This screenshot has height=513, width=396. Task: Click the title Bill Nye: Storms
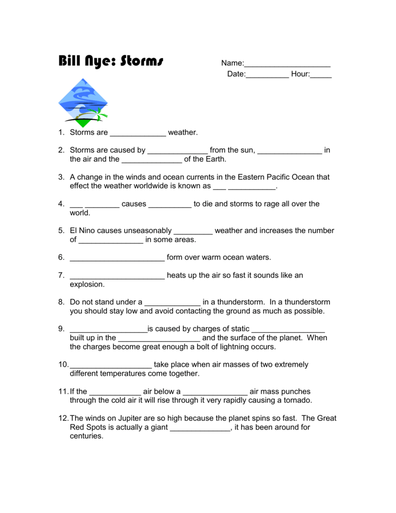[111, 62]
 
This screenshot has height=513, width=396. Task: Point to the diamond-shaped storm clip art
[83, 103]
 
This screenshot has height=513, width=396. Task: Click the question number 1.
[61, 133]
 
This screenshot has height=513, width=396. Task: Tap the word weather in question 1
[182, 133]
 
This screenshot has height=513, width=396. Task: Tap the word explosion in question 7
[87, 285]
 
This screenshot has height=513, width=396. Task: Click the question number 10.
[63, 365]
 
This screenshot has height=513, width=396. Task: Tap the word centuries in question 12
[86, 436]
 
